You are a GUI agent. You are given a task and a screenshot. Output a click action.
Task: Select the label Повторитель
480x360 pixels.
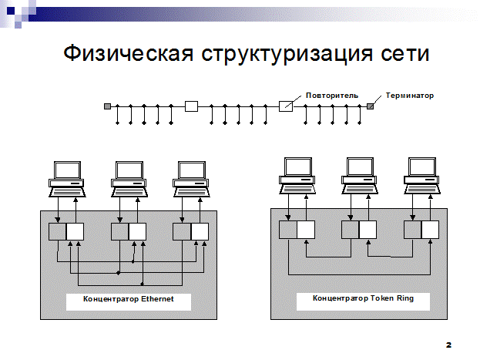pyautogui.click(x=331, y=96)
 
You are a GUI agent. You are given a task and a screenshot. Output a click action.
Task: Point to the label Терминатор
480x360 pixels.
pyautogui.click(x=410, y=96)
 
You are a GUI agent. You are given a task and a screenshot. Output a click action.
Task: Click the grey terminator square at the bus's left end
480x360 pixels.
pyautogui.click(x=108, y=106)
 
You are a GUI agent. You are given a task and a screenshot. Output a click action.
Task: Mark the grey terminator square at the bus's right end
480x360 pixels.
pyautogui.click(x=371, y=106)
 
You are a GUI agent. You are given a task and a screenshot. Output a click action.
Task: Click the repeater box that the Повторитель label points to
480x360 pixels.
pyautogui.click(x=285, y=106)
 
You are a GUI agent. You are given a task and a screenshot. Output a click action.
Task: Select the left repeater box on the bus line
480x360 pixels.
pyautogui.click(x=192, y=106)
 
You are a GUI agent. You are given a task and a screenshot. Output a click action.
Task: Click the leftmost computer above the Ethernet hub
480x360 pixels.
pyautogui.click(x=67, y=177)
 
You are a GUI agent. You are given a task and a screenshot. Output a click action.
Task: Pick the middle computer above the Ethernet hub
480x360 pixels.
pyautogui.click(x=129, y=177)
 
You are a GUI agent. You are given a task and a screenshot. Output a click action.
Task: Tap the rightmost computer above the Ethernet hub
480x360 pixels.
pyautogui.click(x=192, y=177)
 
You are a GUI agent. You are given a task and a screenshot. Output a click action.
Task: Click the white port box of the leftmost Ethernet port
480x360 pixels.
pyautogui.click(x=76, y=231)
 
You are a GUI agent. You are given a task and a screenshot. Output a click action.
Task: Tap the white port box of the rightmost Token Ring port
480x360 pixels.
pyautogui.click(x=430, y=229)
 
